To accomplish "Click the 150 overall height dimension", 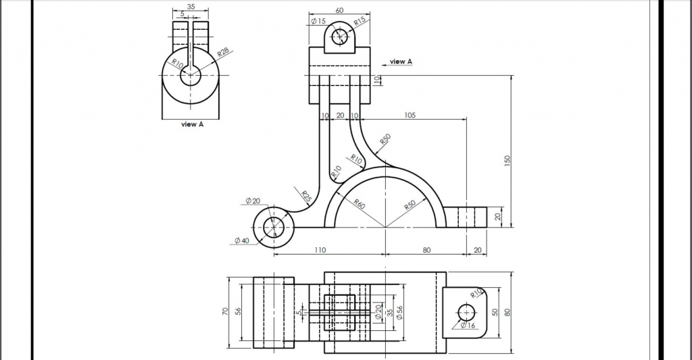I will (507, 160).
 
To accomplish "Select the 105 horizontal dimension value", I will (410, 115).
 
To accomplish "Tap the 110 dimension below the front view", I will (320, 250).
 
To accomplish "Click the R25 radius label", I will (306, 197).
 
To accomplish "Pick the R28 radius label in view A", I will (223, 52).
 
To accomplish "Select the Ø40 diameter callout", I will (241, 241).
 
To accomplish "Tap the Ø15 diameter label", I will (318, 22).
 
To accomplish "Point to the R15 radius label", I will (360, 22).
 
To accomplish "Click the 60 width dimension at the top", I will (339, 10).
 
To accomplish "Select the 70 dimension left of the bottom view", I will (226, 312).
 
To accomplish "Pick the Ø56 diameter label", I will (400, 313).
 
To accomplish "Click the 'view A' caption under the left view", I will (192, 124).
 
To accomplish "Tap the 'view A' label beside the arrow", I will (401, 61).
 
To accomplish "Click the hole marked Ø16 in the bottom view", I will (466, 313).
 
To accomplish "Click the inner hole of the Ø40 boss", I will (274, 228).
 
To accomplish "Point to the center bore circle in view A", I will (191, 75).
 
